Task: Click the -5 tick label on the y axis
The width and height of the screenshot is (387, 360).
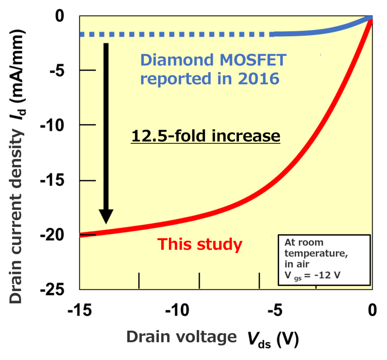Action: coord(57,71)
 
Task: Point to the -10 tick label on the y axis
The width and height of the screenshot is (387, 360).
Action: coord(52,125)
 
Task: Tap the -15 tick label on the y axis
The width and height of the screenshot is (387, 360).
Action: coord(52,180)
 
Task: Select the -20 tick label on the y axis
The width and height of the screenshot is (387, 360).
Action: coord(52,235)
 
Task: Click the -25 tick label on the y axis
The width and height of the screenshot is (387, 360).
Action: coord(52,289)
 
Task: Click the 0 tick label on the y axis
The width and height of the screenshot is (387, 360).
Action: coord(60,16)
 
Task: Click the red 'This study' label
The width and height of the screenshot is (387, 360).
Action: coord(200,245)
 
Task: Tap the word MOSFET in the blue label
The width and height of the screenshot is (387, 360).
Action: coord(253,60)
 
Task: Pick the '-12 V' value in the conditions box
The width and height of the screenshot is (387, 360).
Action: coord(327,275)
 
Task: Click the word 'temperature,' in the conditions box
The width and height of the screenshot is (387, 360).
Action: coord(316,254)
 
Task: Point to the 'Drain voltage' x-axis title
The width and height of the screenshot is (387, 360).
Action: coord(181,337)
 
